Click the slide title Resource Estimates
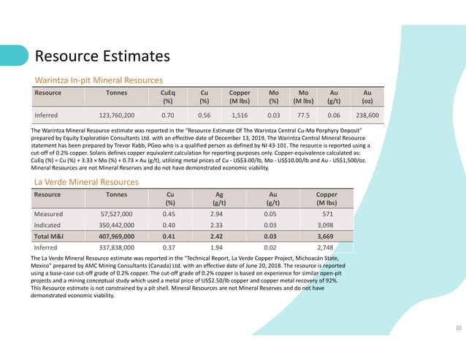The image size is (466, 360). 102,56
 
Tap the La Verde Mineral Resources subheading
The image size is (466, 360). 86,181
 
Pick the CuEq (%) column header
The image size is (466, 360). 167,97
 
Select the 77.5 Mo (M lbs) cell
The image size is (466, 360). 304,115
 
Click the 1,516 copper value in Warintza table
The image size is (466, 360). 240,115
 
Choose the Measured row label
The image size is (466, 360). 49,215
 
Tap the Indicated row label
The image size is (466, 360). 48,226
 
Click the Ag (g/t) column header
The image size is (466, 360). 216,199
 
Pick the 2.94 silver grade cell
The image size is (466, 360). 216,215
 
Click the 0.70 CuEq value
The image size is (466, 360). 167,115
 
